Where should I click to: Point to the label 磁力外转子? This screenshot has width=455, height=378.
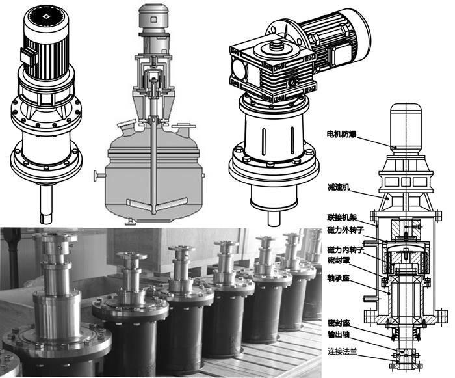[342, 232]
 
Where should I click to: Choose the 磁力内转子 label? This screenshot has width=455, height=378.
[342, 250]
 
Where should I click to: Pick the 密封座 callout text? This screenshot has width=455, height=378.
[338, 322]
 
